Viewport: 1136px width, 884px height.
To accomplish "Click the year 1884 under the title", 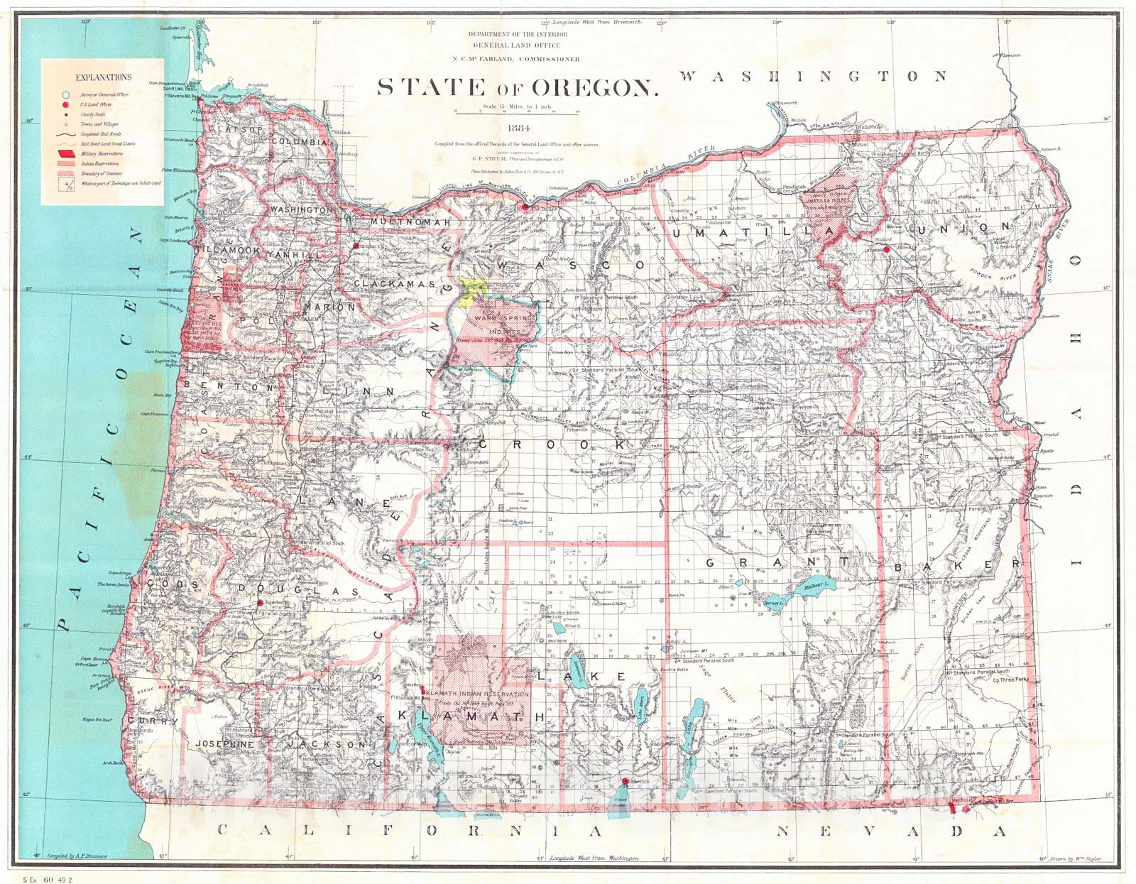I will coord(517,129).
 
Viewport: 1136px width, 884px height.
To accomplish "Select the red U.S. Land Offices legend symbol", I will coord(65,104).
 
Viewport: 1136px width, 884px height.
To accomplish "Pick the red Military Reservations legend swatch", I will coord(65,153).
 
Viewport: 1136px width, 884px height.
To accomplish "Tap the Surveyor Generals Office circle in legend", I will coord(65,94).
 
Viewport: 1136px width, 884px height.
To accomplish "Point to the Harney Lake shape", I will coord(772,603).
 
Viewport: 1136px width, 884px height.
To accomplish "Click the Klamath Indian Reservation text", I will coord(476,694).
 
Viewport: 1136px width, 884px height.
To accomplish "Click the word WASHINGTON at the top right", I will coord(814,76).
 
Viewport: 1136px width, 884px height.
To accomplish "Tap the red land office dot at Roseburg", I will coord(261,602).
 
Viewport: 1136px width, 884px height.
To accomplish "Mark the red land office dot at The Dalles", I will coord(525,207).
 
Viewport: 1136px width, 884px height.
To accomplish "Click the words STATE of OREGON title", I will coord(517,87).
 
